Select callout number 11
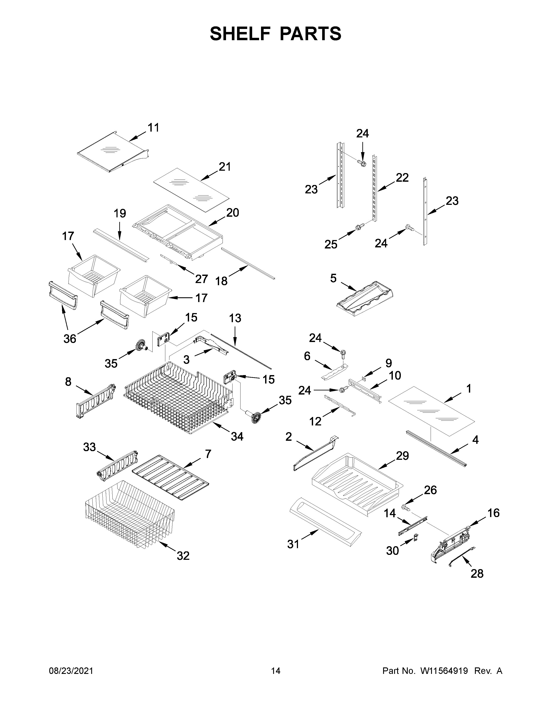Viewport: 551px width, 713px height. pyautogui.click(x=153, y=128)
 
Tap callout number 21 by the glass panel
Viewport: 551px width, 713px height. pyautogui.click(x=225, y=167)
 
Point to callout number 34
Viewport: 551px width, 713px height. pyautogui.click(x=237, y=436)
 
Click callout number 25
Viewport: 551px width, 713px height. pyautogui.click(x=331, y=244)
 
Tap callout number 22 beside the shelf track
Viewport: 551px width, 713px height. pyautogui.click(x=402, y=178)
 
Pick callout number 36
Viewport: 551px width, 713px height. pyautogui.click(x=70, y=339)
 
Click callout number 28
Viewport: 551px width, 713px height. pyautogui.click(x=477, y=574)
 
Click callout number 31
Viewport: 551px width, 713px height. pyautogui.click(x=293, y=544)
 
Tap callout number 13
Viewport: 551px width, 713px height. pyautogui.click(x=235, y=318)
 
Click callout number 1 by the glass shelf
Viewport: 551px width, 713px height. pyautogui.click(x=469, y=389)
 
